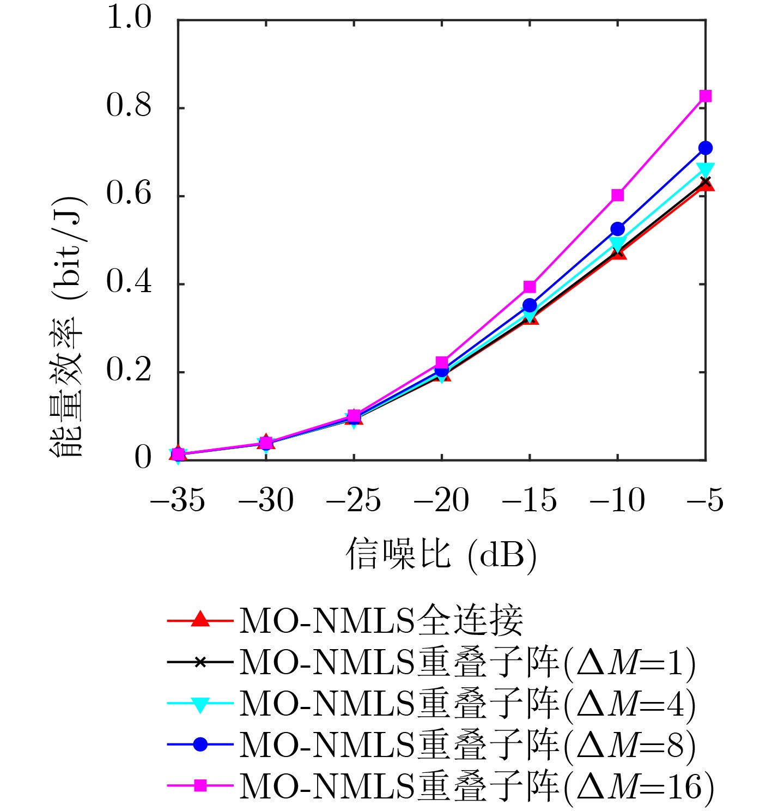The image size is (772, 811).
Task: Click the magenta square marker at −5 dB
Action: click(706, 96)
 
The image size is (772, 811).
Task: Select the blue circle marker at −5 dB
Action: click(706, 148)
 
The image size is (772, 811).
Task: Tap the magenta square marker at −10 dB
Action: click(617, 195)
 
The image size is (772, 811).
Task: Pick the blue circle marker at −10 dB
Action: click(617, 228)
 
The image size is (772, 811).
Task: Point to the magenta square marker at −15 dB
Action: click(530, 287)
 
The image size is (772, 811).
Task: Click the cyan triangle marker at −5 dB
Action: click(706, 169)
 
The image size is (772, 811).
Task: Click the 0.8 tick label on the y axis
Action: click(129, 106)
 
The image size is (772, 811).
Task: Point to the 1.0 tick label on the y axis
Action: click(129, 17)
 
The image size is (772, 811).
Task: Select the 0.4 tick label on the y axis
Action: click(129, 282)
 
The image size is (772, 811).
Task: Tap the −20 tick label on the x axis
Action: click(441, 500)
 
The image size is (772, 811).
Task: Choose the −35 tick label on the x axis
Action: click(178, 500)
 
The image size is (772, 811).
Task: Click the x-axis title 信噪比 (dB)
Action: click(441, 555)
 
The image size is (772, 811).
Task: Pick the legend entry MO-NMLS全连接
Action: click(381, 620)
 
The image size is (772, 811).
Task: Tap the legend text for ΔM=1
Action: click(467, 662)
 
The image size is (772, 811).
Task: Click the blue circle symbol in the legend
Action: click(200, 744)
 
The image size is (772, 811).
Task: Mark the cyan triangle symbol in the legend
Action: click(200, 704)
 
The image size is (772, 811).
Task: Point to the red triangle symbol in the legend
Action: click(200, 620)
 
